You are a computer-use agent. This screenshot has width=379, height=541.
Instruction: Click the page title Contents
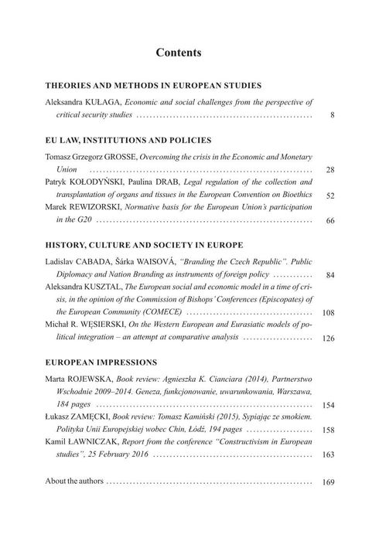click(x=179, y=53)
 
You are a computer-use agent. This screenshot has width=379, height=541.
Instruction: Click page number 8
click(x=331, y=116)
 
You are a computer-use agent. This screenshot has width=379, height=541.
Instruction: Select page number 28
click(x=329, y=170)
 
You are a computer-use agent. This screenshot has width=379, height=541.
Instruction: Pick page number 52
click(x=329, y=196)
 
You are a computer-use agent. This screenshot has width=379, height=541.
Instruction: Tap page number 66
click(x=329, y=222)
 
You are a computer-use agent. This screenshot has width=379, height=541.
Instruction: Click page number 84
click(x=329, y=275)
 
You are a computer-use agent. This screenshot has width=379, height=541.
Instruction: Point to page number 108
click(x=328, y=313)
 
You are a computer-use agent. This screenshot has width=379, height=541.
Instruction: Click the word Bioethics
click(x=292, y=195)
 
